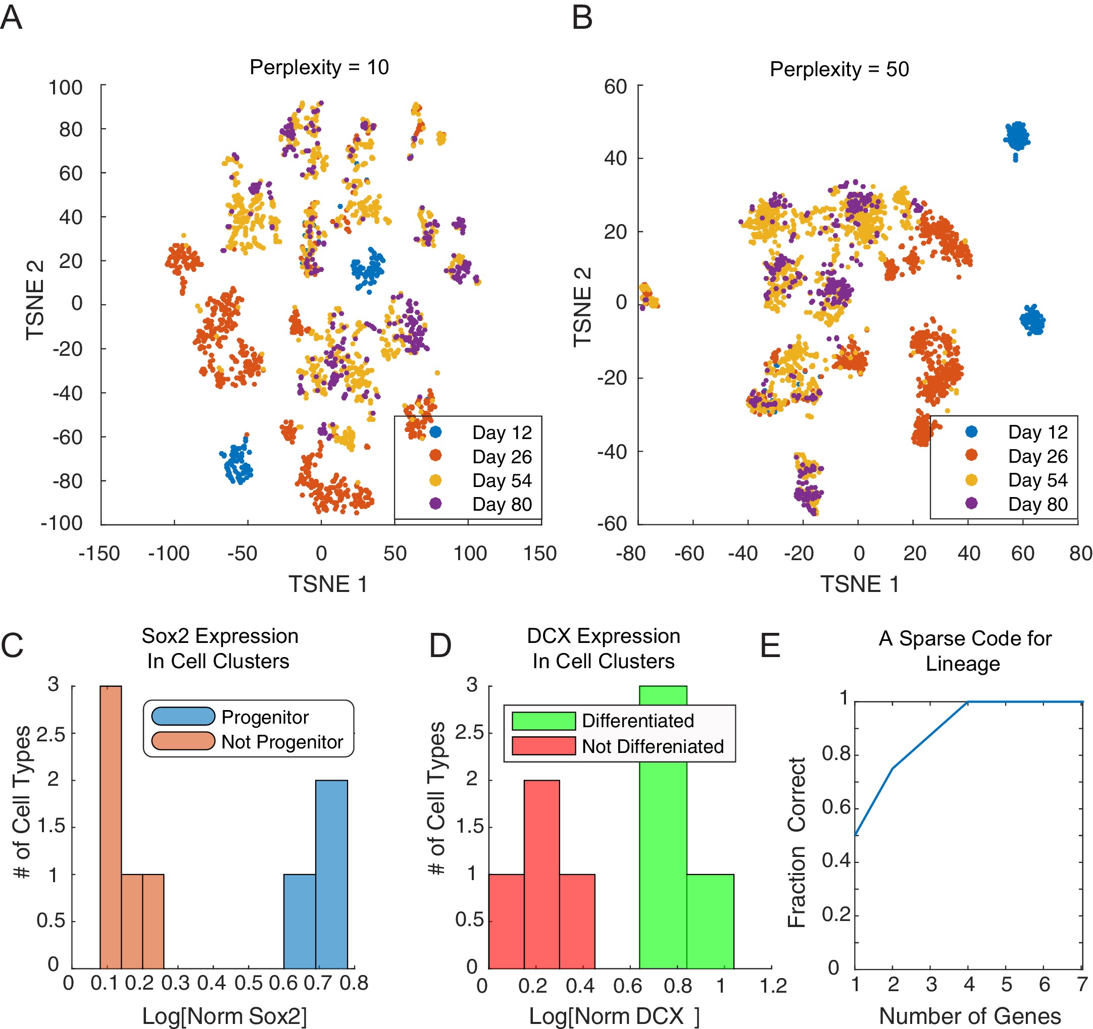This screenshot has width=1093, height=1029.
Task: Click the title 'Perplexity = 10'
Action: point(319,68)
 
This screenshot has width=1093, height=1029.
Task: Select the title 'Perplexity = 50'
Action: point(839,70)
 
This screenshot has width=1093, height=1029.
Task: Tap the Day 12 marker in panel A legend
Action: point(435,432)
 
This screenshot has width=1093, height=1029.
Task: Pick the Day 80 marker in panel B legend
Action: point(971,503)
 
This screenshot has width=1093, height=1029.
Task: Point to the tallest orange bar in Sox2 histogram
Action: point(111,827)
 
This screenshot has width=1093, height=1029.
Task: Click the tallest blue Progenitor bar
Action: point(331,874)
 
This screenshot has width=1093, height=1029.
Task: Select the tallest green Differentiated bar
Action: point(663,827)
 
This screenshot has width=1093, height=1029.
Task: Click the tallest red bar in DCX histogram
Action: point(541,874)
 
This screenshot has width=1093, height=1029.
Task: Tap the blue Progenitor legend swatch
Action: point(183,717)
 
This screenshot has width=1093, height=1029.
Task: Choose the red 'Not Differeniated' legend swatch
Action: point(543,746)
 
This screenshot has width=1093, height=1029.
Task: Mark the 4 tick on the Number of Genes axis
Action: point(969,984)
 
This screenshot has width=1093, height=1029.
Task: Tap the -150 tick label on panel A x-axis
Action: point(99,553)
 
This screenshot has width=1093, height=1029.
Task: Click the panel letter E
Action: point(770,645)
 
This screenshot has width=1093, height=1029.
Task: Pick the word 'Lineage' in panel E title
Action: point(963,664)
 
